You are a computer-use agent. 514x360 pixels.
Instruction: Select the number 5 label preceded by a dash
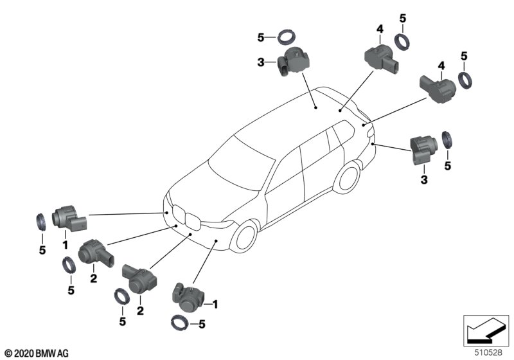tap(201, 325)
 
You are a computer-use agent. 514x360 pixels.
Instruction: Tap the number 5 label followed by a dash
tap(261, 38)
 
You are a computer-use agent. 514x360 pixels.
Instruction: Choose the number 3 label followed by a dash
tap(261, 63)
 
